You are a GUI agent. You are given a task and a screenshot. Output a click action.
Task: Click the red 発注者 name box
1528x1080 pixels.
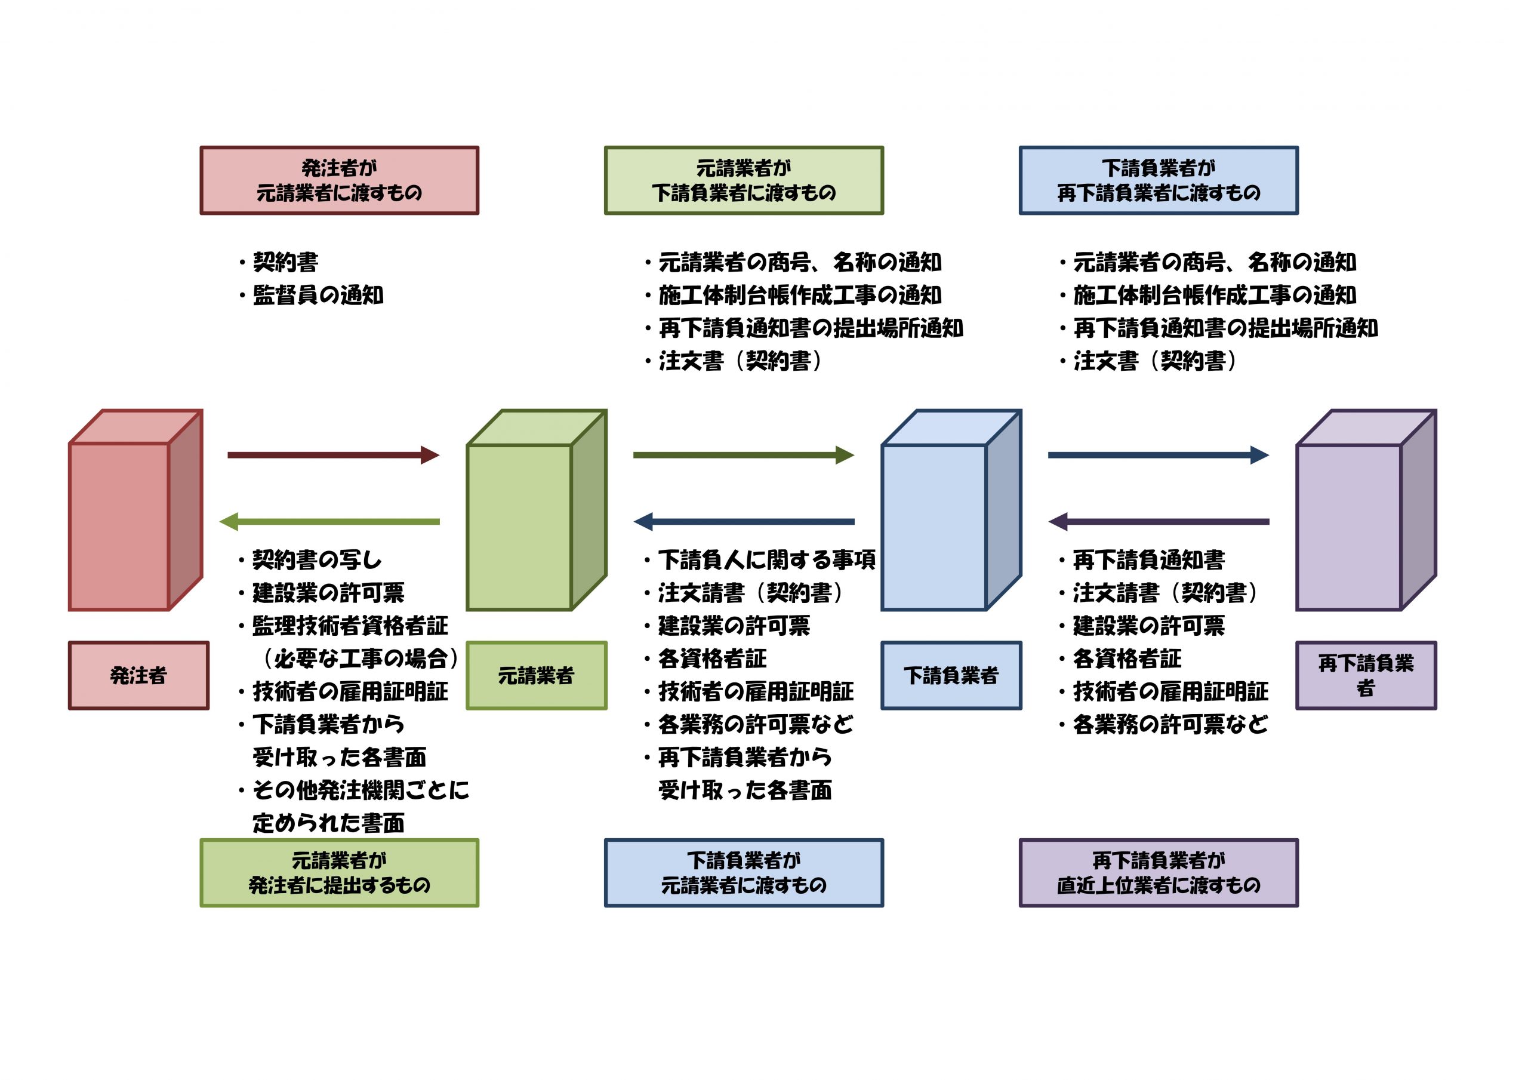click(138, 675)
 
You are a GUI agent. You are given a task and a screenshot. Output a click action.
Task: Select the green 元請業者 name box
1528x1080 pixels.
click(536, 675)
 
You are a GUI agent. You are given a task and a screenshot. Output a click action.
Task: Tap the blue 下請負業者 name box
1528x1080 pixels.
click(951, 675)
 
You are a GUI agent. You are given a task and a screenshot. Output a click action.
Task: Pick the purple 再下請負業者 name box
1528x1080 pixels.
click(1366, 675)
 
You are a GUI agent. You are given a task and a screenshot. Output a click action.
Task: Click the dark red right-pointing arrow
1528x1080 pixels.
click(332, 456)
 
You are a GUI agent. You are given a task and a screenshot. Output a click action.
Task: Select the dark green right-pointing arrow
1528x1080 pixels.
click(743, 456)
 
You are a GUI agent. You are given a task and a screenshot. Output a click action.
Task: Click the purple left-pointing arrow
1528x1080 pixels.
click(1159, 521)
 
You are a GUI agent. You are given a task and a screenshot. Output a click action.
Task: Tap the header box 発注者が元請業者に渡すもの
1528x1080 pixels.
click(340, 180)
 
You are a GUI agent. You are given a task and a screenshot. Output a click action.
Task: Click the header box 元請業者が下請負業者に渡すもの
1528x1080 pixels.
click(743, 180)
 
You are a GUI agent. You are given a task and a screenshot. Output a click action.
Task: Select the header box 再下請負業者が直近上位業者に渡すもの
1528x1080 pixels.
click(1159, 872)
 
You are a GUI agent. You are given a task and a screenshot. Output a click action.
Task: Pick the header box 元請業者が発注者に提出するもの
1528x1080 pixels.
click(340, 872)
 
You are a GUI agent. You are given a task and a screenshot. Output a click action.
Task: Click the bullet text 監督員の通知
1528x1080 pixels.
click(318, 295)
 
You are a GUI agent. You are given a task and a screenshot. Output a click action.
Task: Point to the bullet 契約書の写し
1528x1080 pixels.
click(317, 560)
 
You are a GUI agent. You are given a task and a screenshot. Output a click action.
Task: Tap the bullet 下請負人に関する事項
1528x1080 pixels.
click(766, 560)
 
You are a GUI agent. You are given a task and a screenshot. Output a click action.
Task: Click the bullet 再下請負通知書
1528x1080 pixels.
click(1148, 560)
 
